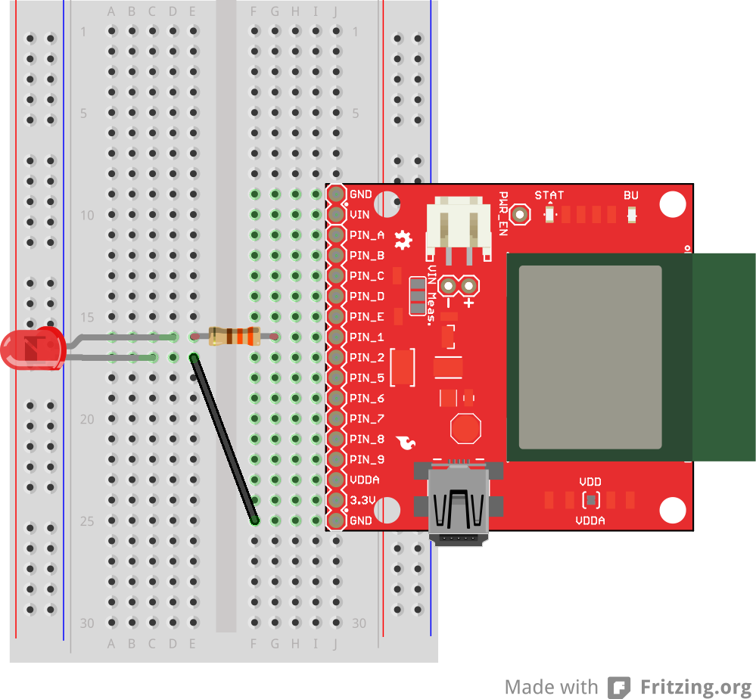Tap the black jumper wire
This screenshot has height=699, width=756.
pyautogui.click(x=224, y=439)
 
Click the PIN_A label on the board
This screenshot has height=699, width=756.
pyautogui.click(x=367, y=235)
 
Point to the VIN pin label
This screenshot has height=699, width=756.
pyautogui.click(x=360, y=215)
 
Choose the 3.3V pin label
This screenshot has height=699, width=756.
pyautogui.click(x=362, y=500)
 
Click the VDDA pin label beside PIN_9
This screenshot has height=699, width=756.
pyautogui.click(x=365, y=480)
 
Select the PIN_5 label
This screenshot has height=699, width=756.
pyautogui.click(x=367, y=377)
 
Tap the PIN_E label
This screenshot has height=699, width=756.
pyautogui.click(x=367, y=316)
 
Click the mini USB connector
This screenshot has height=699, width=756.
pyautogui.click(x=456, y=503)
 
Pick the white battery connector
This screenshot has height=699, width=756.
pyautogui.click(x=454, y=222)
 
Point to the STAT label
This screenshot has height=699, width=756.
pyautogui.click(x=549, y=195)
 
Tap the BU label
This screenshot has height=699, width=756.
pyautogui.click(x=631, y=195)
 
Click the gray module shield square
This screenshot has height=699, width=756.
pyautogui.click(x=590, y=357)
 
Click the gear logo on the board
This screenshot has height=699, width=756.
pyautogui.click(x=404, y=241)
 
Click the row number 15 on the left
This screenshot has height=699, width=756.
pyautogui.click(x=88, y=317)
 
